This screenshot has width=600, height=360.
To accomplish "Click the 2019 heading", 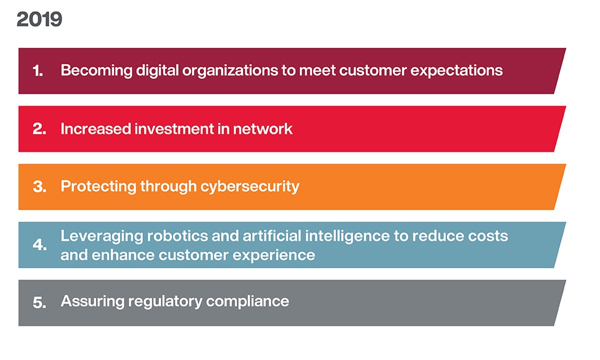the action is [39, 20].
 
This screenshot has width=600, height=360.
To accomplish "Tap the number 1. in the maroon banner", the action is [38, 71].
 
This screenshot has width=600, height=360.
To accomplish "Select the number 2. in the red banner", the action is [40, 129].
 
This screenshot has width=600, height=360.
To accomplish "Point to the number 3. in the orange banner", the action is [40, 187].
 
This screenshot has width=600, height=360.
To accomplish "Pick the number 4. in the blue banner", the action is [40, 245].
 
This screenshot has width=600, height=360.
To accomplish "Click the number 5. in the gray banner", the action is [40, 302].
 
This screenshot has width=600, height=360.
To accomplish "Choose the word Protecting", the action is [98, 187].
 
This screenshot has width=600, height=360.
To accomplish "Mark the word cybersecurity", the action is [250, 187].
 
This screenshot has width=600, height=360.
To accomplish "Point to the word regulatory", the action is [165, 302].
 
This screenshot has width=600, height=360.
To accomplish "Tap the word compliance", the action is [248, 302].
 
